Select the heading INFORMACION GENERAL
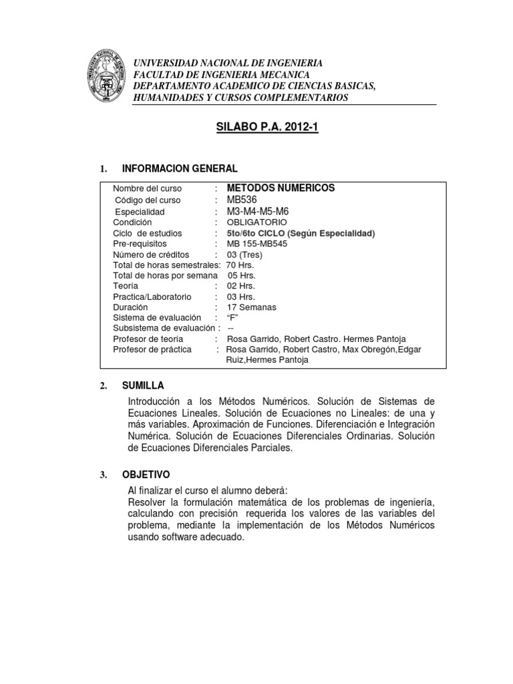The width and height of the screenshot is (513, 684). pos(179,168)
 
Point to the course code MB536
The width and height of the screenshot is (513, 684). pos(242,200)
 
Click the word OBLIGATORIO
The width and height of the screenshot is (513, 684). pos(256,222)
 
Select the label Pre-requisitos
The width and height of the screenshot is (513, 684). pos(142,244)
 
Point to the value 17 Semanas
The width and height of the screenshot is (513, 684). pos(251,307)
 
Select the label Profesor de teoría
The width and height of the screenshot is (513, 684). pos(148,339)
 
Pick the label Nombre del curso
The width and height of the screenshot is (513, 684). pos(148,189)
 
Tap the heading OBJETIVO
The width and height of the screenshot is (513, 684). pos(146,474)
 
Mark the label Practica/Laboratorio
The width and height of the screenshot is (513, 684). pos(152,297)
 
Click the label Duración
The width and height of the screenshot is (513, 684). pos(131,307)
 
